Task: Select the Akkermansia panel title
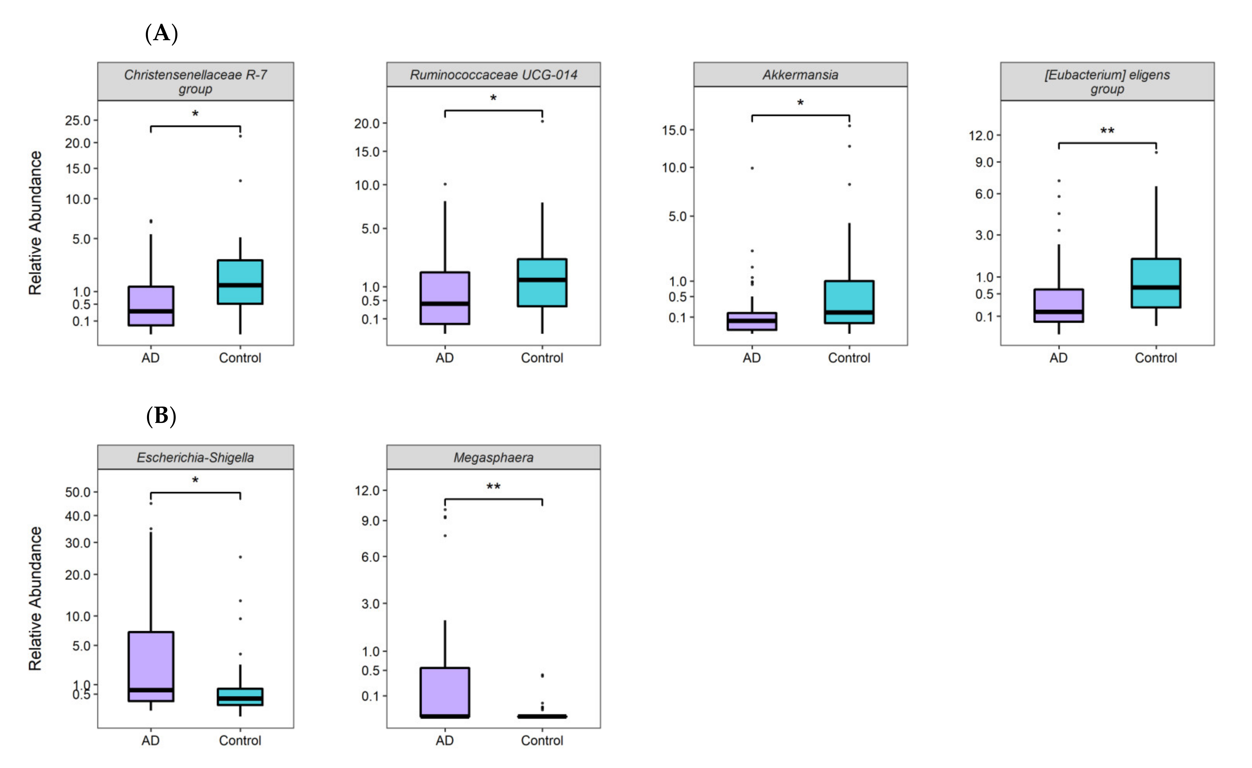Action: tap(800, 75)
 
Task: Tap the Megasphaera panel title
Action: tap(493, 457)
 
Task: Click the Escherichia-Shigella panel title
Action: tap(195, 457)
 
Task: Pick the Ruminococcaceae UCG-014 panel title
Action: tap(493, 75)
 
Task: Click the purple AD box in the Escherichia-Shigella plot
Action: tap(151, 666)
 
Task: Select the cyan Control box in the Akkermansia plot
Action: tap(849, 302)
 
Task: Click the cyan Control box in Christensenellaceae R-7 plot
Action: tap(240, 282)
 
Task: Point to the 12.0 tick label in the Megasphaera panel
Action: tap(367, 490)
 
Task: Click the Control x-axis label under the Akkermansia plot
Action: tap(849, 358)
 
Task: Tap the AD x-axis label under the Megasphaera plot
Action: tap(445, 741)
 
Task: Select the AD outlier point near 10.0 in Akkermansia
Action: tap(752, 168)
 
